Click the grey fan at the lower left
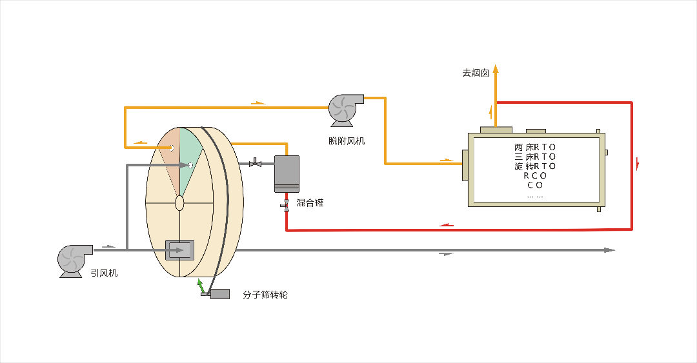pos(75,260)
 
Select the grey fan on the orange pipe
pos(345,108)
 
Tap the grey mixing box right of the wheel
pos(286,173)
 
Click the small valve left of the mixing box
pos(255,164)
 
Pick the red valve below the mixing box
pos(286,204)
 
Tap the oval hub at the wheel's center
pos(179,203)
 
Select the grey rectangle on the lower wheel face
pos(180,250)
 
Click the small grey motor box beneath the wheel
pos(220,294)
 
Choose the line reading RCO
pos(535,175)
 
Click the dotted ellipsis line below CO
pos(535,195)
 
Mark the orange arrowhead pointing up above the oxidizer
pos(496,68)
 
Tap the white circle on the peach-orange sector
pos(172,148)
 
